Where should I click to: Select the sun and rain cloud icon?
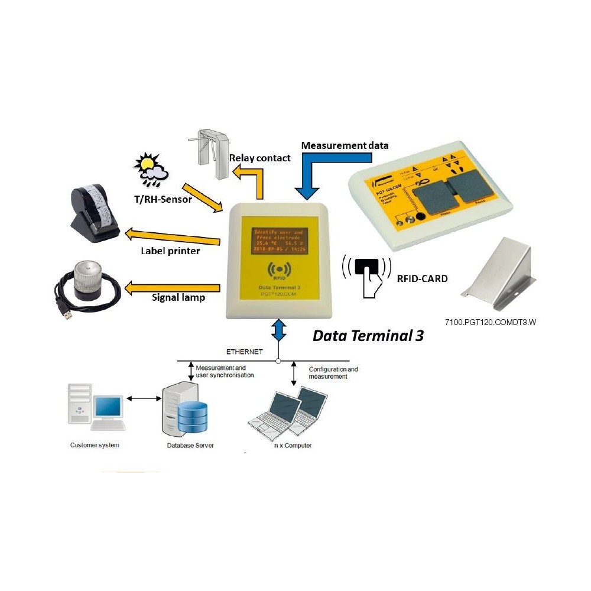pyautogui.click(x=150, y=167)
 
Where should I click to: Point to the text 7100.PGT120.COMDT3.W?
pyautogui.click(x=491, y=322)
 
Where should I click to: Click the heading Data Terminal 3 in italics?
pyautogui.click(x=368, y=336)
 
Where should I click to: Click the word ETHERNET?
pyautogui.click(x=245, y=352)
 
